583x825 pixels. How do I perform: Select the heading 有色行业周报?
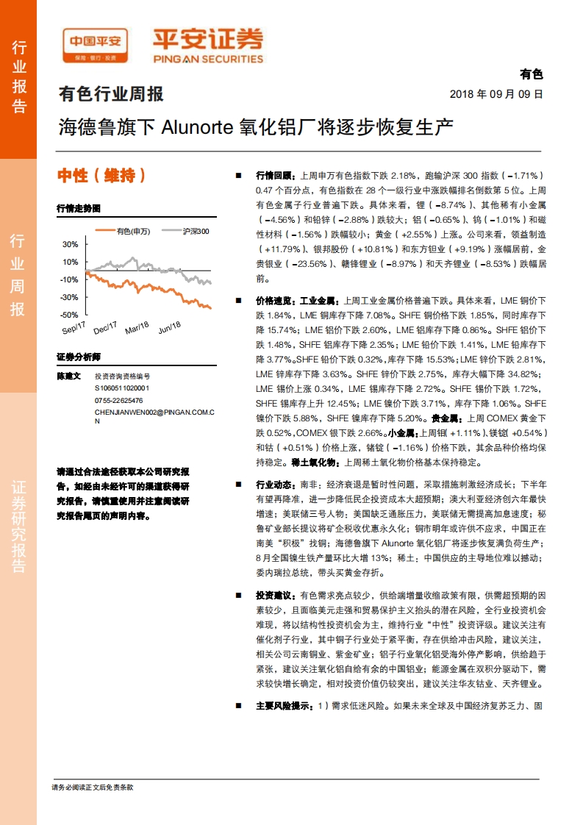point(111,94)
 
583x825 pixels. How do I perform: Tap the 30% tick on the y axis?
point(71,244)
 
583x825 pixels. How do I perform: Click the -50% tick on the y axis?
point(69,315)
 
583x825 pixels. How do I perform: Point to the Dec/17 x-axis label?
point(105,326)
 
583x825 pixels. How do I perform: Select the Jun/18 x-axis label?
point(170,326)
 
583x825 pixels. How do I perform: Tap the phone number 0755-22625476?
point(118,400)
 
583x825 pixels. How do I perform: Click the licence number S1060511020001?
point(121,387)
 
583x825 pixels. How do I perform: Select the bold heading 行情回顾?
point(274,176)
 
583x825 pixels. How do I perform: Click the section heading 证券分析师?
point(79,357)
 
